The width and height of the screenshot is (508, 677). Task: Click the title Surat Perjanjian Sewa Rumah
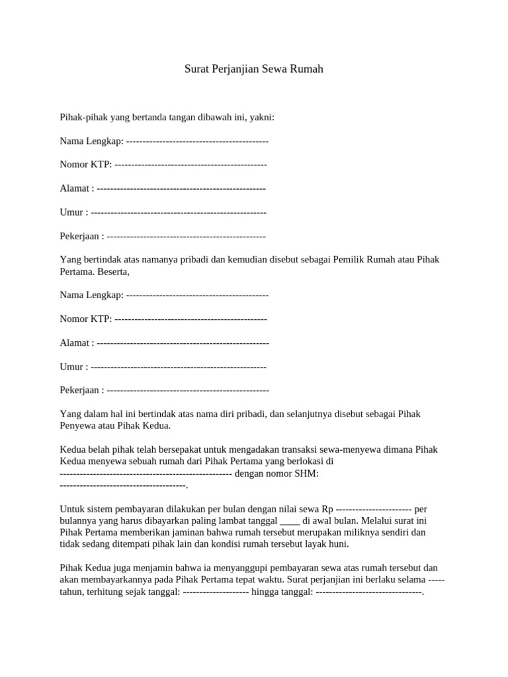coord(254,69)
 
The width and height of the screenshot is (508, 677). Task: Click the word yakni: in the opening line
coord(262,117)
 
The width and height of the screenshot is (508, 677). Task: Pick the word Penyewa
coord(78,425)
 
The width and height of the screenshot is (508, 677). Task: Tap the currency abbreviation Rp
coord(327,508)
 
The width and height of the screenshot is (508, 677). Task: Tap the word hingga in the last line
coord(265,592)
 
